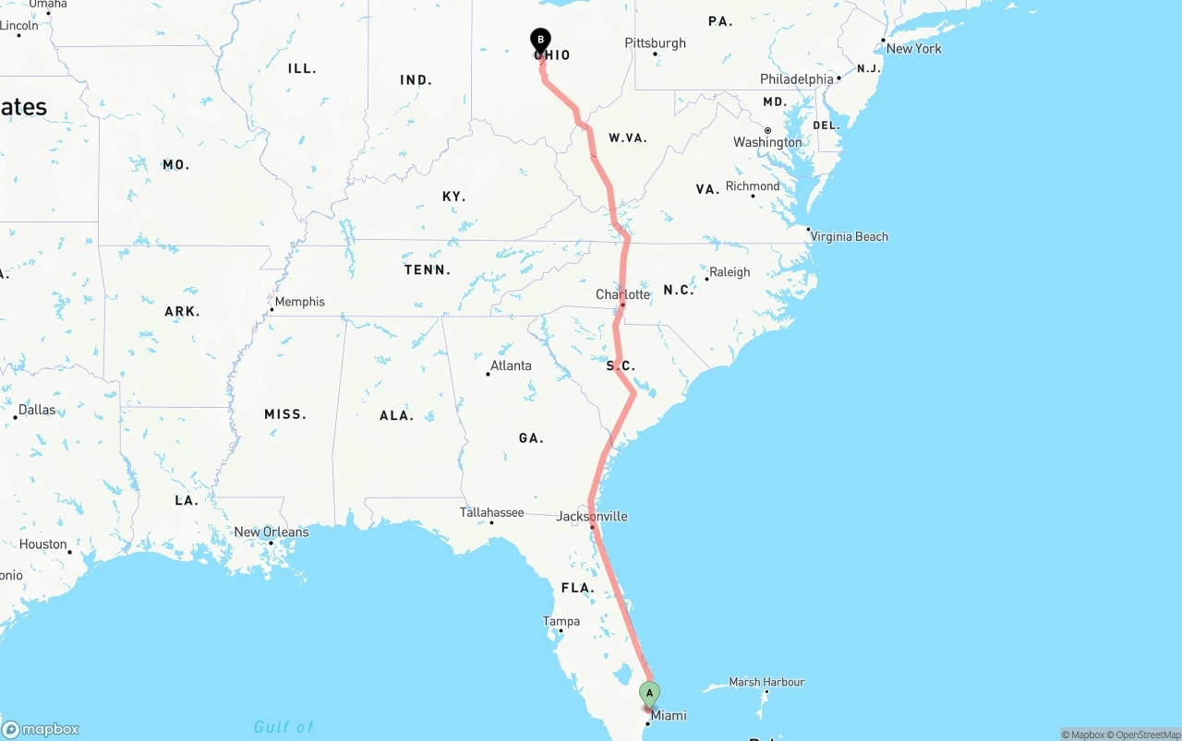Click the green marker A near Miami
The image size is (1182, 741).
point(649,693)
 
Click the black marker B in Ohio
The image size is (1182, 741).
point(540,40)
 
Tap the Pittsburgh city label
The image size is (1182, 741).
point(655,43)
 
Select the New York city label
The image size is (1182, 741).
point(913,48)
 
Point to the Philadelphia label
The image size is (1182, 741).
point(796,79)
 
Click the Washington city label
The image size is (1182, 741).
point(767,142)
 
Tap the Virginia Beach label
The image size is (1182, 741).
point(849,236)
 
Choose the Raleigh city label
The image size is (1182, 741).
point(730,272)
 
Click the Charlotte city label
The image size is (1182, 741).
point(622,294)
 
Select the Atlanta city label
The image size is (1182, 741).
point(511,365)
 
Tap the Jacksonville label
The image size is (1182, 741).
point(592,516)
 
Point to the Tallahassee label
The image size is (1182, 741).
point(492,512)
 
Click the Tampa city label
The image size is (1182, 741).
point(561,621)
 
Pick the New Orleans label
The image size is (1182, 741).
point(271,532)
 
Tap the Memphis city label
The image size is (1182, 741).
point(299,302)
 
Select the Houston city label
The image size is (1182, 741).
point(43,544)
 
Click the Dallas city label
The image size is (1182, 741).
point(37,410)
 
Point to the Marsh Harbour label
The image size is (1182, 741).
point(766,682)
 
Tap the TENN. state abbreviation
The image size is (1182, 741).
point(428,270)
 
